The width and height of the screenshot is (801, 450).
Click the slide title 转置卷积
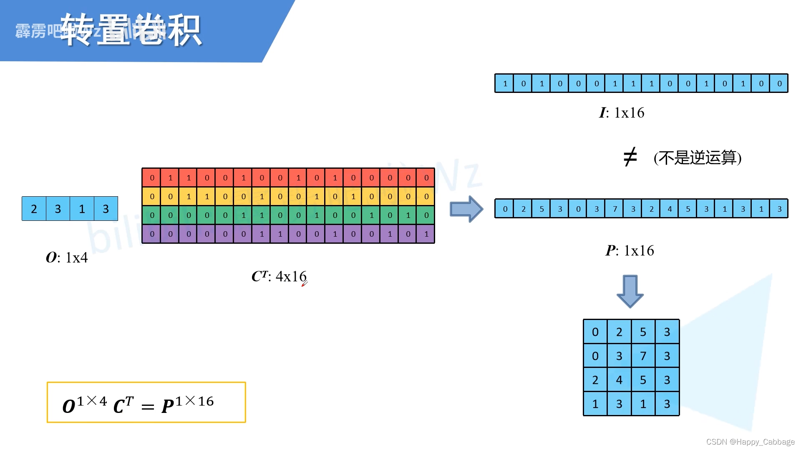coord(131,30)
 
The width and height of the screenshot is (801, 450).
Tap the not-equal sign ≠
coord(630,157)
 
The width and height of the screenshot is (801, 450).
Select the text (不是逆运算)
coord(697,157)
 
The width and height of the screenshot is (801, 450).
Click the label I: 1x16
coord(622,112)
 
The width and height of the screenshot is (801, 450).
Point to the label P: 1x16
coord(630,250)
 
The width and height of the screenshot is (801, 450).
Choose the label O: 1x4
coord(67,257)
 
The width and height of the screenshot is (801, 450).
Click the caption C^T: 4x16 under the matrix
coord(279,276)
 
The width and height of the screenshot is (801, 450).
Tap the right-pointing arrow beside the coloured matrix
coord(466,209)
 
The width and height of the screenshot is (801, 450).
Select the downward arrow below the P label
coord(630,291)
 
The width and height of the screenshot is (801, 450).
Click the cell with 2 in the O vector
coord(34,209)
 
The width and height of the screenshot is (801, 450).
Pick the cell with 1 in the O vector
coord(82,209)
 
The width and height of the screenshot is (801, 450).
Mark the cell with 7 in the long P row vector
coord(615,209)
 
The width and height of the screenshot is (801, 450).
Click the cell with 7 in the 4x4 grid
coord(643,356)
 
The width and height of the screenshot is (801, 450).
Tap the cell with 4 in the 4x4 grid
coord(619,380)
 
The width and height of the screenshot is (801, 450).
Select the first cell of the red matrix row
coord(152,178)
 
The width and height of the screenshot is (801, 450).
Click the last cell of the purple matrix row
coord(426,234)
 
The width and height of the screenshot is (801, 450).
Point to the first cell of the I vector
coord(505,83)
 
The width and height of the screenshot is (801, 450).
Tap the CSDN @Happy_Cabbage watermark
coord(750,442)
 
